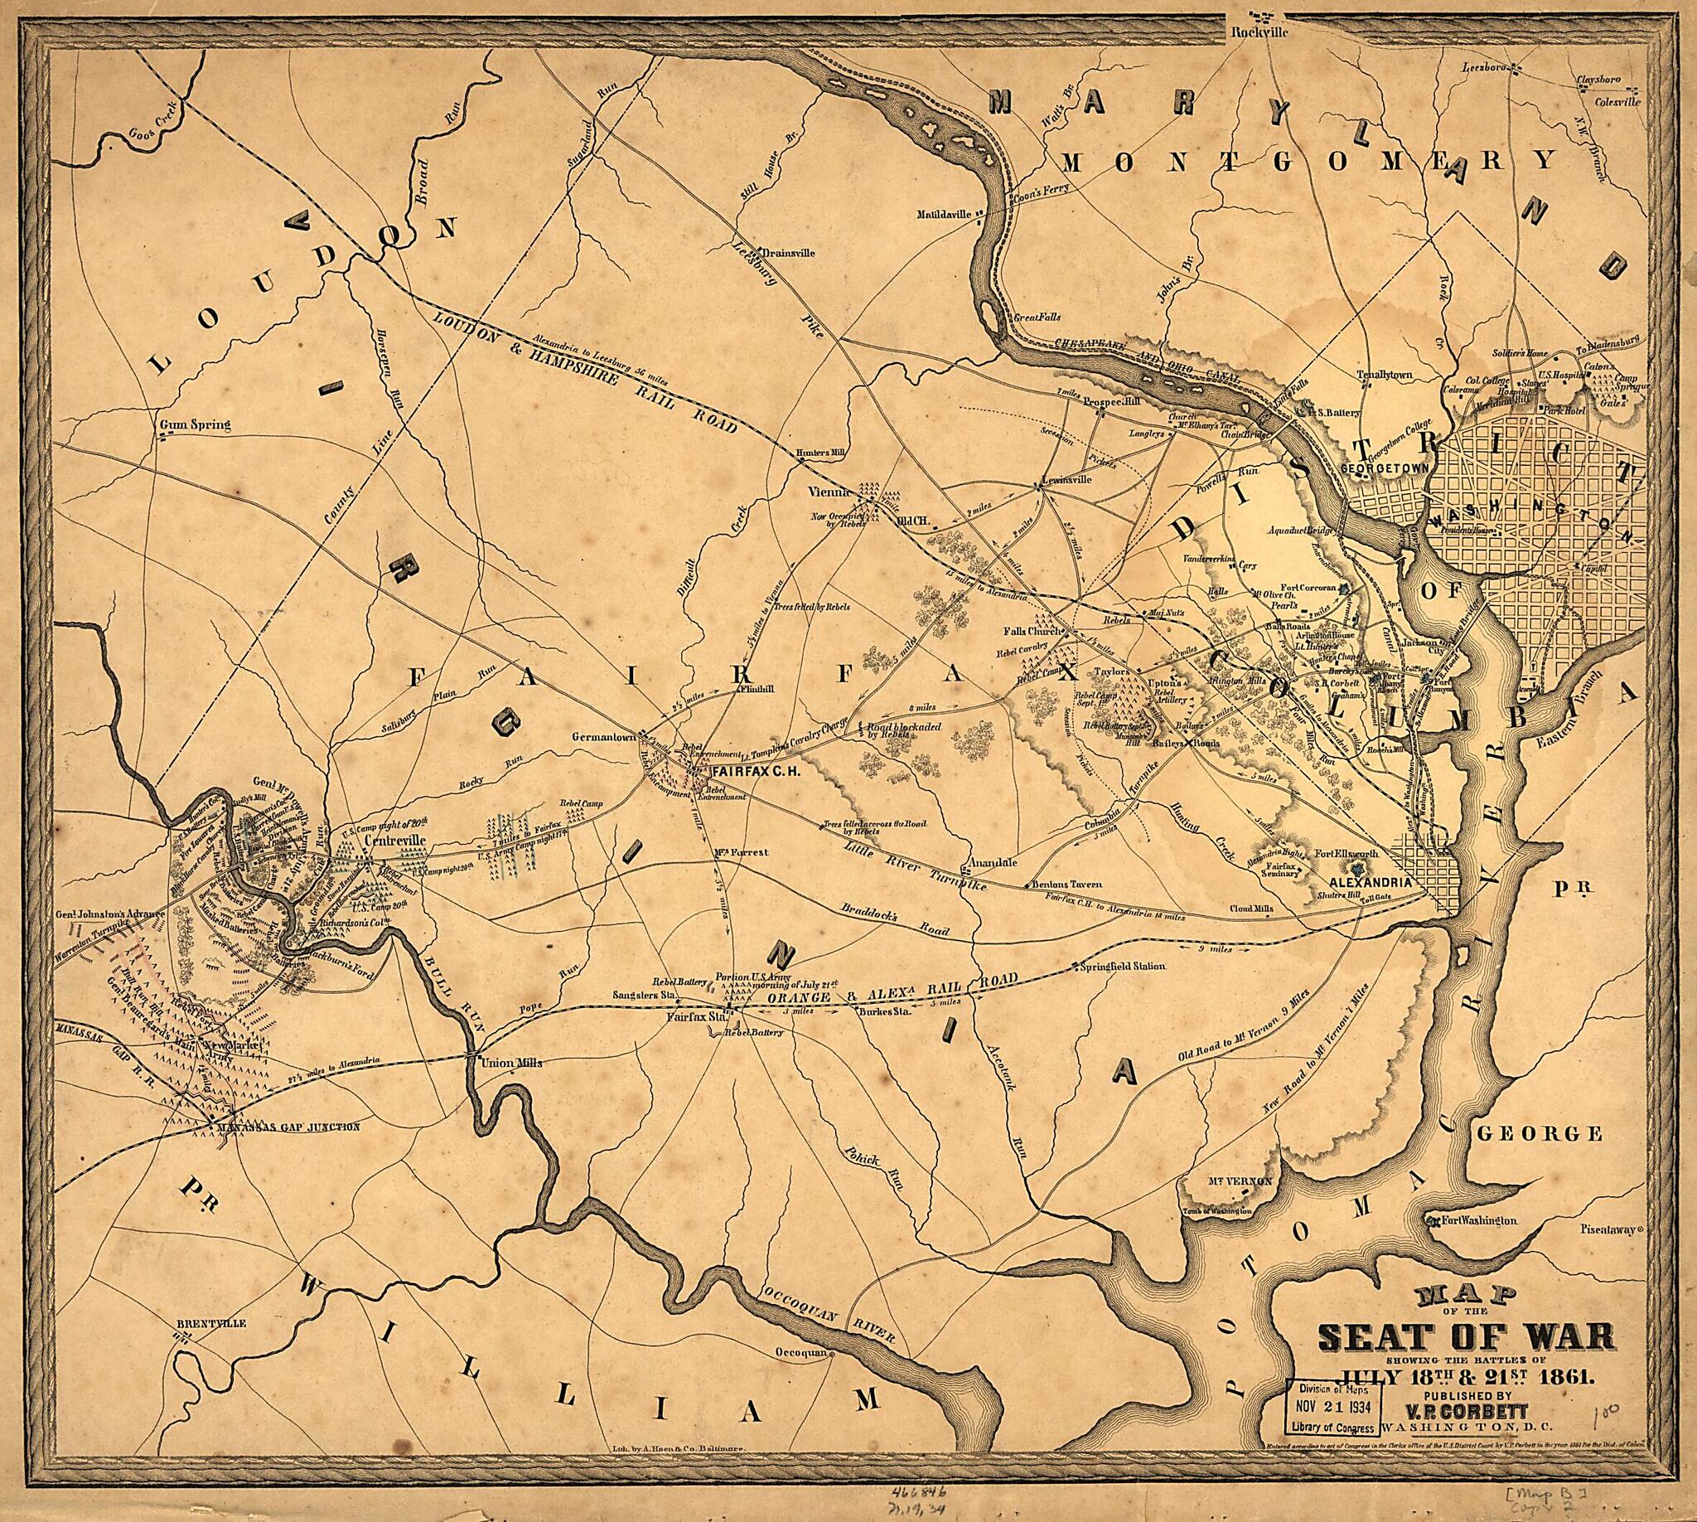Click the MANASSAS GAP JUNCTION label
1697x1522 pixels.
pos(288,1127)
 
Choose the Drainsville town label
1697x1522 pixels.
pos(789,252)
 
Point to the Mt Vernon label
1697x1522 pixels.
pos(1240,1180)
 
